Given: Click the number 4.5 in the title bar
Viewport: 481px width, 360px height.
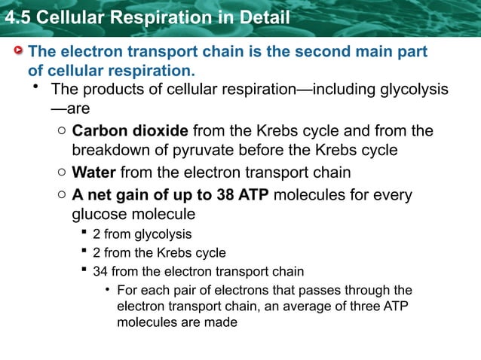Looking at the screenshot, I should point(17,17).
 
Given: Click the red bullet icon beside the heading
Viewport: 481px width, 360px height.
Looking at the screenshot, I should point(17,51).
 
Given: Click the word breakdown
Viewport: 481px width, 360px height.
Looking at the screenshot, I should point(113,150).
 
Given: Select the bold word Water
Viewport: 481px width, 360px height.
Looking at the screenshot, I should point(93,173).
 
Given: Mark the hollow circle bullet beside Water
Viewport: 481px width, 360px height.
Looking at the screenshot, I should point(61,174).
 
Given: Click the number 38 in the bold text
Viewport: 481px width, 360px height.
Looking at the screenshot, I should point(223,196).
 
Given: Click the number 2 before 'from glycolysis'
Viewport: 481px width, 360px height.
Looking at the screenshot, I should point(96,234).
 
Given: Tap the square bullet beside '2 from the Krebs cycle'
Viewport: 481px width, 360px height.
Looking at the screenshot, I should point(84,253).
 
